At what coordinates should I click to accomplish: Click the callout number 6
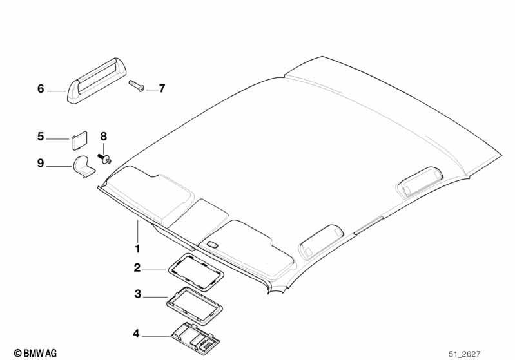click(41, 89)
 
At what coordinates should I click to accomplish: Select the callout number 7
click(162, 89)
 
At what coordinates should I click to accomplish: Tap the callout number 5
click(41, 137)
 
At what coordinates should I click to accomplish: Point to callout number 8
click(104, 136)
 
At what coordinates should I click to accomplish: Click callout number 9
click(41, 163)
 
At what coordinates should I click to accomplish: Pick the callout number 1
click(138, 249)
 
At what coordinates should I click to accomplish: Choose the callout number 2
click(137, 268)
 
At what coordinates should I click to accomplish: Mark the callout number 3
click(138, 294)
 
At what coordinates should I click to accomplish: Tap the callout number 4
click(136, 334)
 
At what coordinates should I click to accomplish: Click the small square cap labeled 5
click(79, 141)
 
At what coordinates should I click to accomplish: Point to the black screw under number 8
click(104, 158)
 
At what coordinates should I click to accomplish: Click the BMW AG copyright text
click(35, 354)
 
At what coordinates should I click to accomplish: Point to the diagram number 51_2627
click(465, 354)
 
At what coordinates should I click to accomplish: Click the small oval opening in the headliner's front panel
click(213, 245)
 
